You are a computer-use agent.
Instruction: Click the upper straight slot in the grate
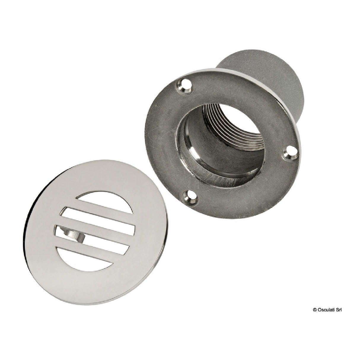tap(98, 220)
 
